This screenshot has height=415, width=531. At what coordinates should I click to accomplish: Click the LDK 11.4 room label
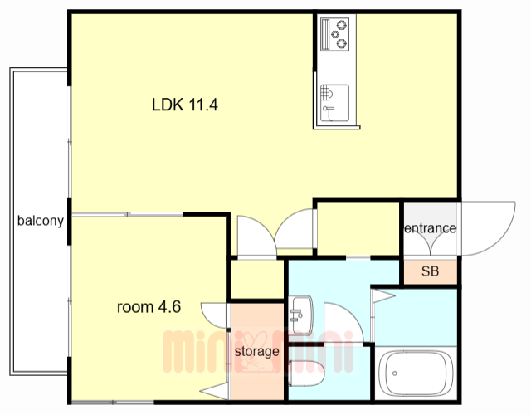tap(184, 105)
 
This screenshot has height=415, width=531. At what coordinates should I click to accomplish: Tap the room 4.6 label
tap(149, 307)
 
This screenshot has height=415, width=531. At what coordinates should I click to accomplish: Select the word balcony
tap(41, 221)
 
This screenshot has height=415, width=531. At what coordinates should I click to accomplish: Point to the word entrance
tap(430, 228)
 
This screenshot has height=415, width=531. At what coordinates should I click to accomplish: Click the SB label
tap(430, 271)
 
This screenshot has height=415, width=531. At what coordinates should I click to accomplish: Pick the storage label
tap(257, 352)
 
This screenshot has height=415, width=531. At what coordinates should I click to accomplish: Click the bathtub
tap(416, 373)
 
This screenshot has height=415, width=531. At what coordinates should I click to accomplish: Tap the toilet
tap(306, 373)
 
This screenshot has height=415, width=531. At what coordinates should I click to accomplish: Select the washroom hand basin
tap(300, 315)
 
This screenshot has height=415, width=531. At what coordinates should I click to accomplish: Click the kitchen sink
tap(334, 103)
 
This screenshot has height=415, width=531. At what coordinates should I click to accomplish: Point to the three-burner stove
tap(334, 35)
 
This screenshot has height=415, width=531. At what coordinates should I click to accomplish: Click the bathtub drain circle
tap(395, 373)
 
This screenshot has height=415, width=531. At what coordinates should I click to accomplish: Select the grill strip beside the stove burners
tap(325, 34)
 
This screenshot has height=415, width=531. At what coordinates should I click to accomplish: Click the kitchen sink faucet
tap(329, 109)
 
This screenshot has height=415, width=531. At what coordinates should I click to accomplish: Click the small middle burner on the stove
tap(335, 34)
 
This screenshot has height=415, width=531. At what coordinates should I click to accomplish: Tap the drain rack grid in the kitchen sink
tap(324, 92)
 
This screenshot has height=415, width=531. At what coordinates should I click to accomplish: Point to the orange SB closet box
tap(430, 271)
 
